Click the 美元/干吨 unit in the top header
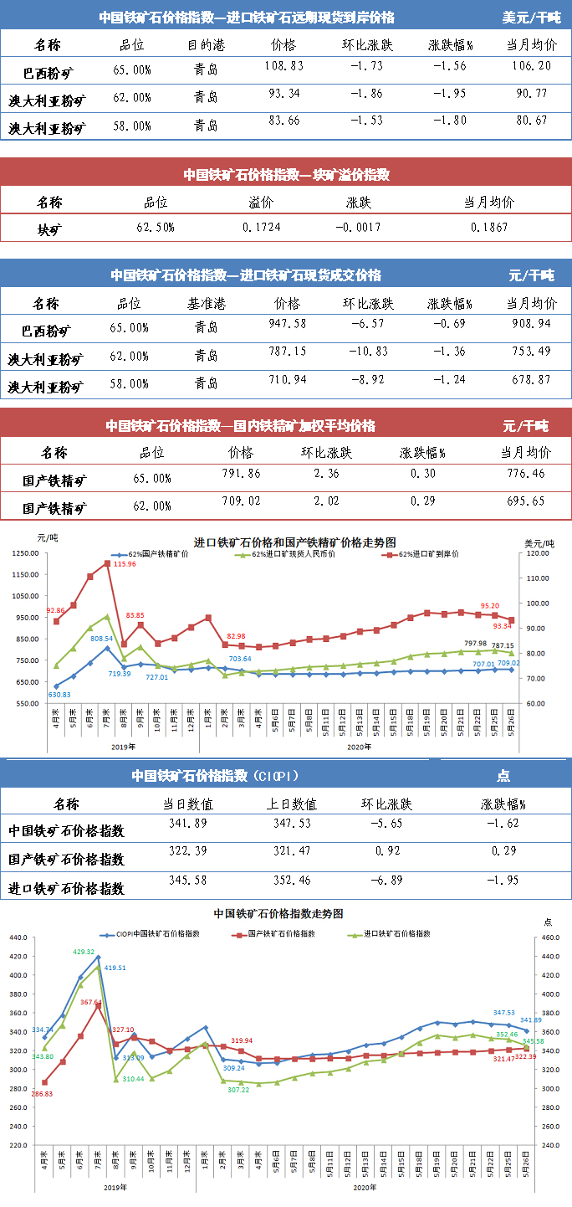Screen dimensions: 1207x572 (531, 17)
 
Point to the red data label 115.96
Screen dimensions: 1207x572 (125, 564)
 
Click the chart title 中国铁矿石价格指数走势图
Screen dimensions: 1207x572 (278, 913)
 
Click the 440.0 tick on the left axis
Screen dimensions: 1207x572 (19, 938)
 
